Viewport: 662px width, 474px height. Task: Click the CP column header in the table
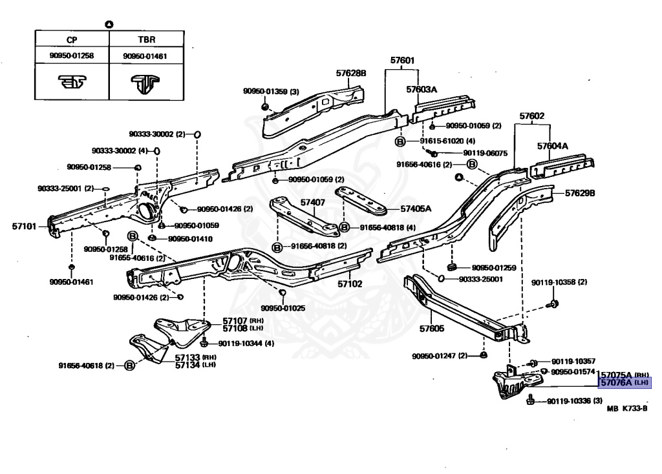tap(71, 39)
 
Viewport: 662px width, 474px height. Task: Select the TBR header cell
tap(145, 39)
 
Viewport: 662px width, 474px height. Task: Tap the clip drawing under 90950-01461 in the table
tap(145, 83)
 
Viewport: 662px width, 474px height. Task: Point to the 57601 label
tap(401, 61)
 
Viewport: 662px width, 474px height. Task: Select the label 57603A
tap(422, 89)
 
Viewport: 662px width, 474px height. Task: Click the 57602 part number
tap(531, 117)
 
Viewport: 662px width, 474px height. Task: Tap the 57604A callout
tap(552, 146)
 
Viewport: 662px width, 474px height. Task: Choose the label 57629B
tap(580, 193)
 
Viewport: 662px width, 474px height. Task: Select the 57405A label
tap(415, 209)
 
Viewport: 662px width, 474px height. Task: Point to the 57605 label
tap(431, 329)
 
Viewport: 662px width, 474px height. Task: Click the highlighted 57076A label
tap(616, 383)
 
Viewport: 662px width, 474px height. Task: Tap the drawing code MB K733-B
tap(626, 408)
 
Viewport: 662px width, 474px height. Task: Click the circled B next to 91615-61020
tap(400, 141)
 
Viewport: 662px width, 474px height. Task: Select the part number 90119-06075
tap(486, 153)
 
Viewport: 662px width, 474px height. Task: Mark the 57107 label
tap(235, 320)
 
